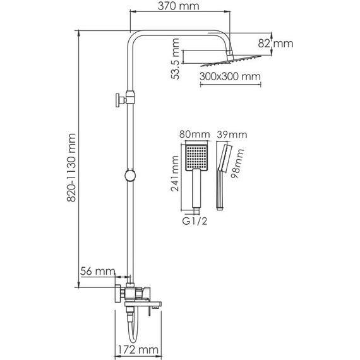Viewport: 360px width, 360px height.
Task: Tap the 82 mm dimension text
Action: coord(280,44)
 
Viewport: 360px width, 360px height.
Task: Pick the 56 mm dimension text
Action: coord(98,271)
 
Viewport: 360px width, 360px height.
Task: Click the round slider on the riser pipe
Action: coord(129,176)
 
